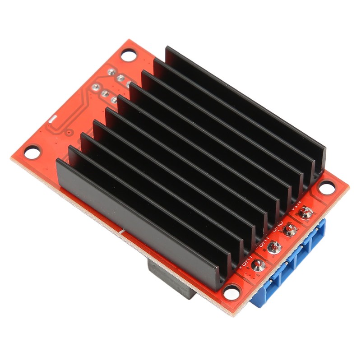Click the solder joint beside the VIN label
306,213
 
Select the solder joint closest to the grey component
256,265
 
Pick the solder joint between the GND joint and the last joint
273,247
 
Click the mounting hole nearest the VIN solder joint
326,186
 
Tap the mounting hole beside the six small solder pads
128,56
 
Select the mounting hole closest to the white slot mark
32,152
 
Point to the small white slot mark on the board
53,119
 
